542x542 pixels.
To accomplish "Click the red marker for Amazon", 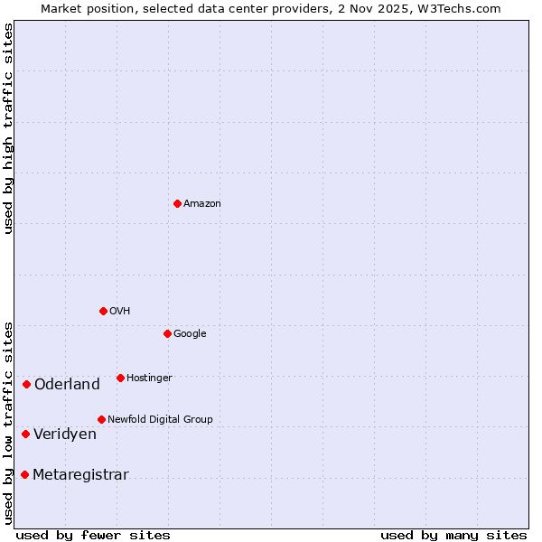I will point(177,203).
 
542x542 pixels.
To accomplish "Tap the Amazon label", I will point(202,204).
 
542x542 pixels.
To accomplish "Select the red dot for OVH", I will point(103,311).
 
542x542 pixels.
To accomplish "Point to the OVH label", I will point(120,312).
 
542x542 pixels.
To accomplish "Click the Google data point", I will point(167,333).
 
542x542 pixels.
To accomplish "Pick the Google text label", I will point(190,334).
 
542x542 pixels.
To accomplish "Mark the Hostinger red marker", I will point(120,378).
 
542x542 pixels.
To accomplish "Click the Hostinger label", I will point(149,378).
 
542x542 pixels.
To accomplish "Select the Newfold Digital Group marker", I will point(101,419).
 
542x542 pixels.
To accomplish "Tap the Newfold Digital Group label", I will point(160,420).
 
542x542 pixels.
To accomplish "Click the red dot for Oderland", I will point(26,385).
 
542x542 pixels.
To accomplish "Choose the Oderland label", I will point(67,385).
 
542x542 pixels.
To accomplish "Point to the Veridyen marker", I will point(25,435).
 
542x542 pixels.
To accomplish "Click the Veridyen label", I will point(65,435).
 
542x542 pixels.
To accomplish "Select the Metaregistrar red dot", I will point(24,475).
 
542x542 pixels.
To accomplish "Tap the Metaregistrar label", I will point(80,475).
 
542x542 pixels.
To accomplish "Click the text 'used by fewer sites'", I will point(93,536).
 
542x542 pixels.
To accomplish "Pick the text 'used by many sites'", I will point(453,536).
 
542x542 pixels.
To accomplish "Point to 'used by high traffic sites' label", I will point(8,128).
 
